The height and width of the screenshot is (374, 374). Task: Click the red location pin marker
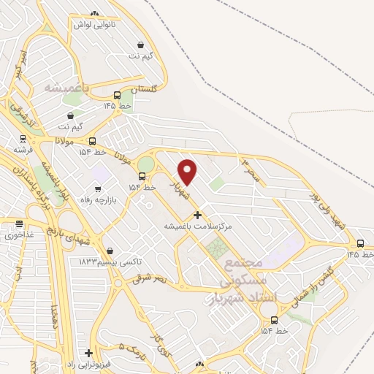click(188, 171)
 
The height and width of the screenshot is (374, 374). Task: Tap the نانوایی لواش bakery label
click(96, 24)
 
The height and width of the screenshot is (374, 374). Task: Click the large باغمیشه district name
click(66, 87)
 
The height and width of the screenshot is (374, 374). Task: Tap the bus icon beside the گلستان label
click(117, 95)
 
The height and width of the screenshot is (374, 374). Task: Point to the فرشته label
click(23, 148)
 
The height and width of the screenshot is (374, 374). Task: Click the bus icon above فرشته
click(23, 137)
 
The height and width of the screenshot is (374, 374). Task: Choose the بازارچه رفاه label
click(98, 201)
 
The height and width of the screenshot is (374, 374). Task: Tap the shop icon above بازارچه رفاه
click(98, 190)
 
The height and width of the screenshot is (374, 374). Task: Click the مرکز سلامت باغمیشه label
click(197, 227)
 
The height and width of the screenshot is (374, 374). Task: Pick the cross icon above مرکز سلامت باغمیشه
click(197, 215)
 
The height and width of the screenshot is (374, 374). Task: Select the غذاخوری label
click(19, 235)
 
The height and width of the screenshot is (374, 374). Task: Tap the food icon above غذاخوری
click(19, 224)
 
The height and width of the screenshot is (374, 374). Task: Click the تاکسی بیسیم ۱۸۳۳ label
click(110, 262)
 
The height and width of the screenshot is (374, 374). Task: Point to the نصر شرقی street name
click(150, 278)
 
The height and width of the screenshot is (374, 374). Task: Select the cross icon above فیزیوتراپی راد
click(88, 353)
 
